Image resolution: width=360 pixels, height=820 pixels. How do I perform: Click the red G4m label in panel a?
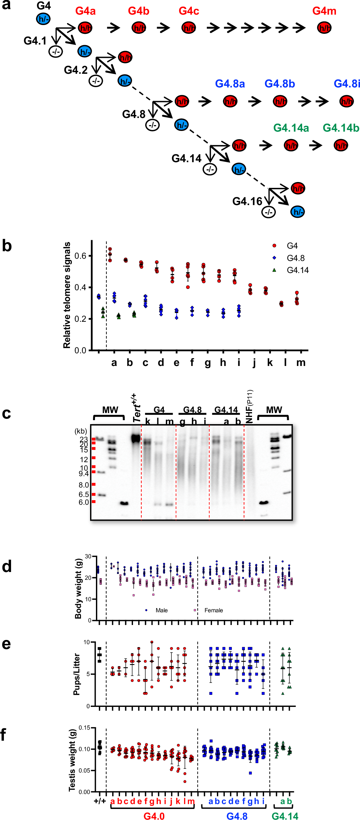324,11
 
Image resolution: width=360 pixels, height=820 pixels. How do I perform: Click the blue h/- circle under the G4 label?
43,19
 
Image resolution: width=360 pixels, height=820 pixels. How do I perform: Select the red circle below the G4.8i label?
346,101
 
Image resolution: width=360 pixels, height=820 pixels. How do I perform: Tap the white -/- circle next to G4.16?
269,212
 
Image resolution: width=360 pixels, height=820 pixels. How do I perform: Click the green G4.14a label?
291,128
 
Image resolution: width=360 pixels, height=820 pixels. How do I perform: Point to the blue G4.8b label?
279,84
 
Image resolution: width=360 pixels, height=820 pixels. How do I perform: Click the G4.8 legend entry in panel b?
295,258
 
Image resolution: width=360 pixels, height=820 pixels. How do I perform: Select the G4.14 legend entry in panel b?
297,270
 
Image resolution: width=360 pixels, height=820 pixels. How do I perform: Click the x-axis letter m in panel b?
301,362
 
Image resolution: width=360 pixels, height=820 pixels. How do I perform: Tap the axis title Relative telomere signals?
67,295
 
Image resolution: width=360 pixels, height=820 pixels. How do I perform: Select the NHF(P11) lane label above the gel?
249,406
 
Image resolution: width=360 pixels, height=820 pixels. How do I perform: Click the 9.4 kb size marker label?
84,474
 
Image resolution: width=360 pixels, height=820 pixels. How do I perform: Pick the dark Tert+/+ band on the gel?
136,439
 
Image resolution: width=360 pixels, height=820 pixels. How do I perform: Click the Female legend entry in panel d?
213,610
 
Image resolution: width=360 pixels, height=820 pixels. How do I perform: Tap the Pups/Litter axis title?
77,674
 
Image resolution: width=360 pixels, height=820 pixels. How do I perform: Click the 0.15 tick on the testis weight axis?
85,728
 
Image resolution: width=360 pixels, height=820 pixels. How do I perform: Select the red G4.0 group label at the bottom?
154,816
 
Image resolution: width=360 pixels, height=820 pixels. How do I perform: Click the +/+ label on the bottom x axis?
100,801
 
